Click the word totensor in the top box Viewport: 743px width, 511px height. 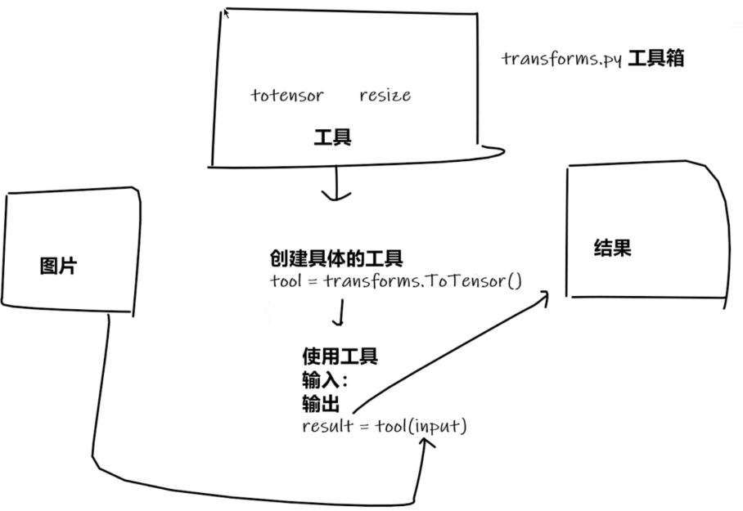click(x=286, y=96)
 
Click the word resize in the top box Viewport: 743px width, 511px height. click(x=385, y=96)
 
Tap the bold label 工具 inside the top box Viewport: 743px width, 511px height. click(x=332, y=137)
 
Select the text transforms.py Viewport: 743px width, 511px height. click(x=562, y=60)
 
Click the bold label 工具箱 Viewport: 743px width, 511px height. click(x=656, y=59)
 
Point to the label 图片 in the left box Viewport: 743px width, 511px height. click(x=58, y=266)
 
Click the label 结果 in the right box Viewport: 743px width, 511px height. click(x=612, y=249)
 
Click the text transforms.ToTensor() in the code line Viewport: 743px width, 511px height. click(x=422, y=281)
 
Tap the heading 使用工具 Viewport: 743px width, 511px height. click(x=340, y=356)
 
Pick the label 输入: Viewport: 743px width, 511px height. click(x=325, y=380)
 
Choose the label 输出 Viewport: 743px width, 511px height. click(x=321, y=403)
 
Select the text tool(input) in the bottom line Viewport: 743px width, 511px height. click(x=421, y=426)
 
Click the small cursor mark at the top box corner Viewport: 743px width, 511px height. click(x=226, y=12)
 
